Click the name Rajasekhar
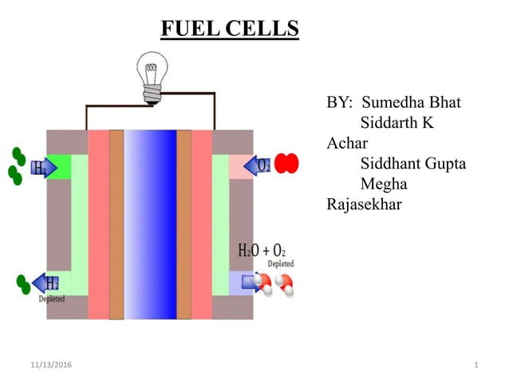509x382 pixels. (365, 204)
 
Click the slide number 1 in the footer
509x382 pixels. (475, 365)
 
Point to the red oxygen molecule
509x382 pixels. (286, 164)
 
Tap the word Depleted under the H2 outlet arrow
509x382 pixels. (52, 299)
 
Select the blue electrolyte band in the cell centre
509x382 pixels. (150, 224)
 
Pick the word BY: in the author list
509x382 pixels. (340, 103)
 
